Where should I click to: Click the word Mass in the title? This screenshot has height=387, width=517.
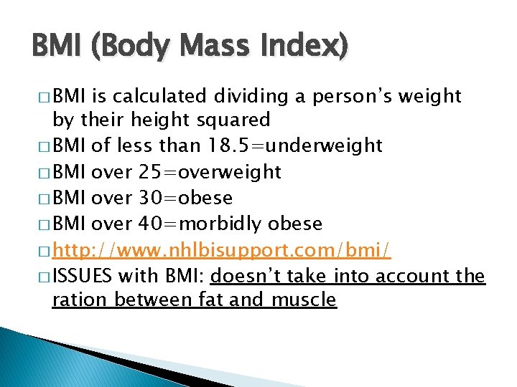pyautogui.click(x=213, y=48)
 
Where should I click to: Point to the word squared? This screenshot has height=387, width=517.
pyautogui.click(x=236, y=119)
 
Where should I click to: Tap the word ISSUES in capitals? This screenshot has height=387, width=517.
pyautogui.click(x=83, y=276)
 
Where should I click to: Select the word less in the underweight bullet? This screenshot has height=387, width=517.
pyautogui.click(x=141, y=145)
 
